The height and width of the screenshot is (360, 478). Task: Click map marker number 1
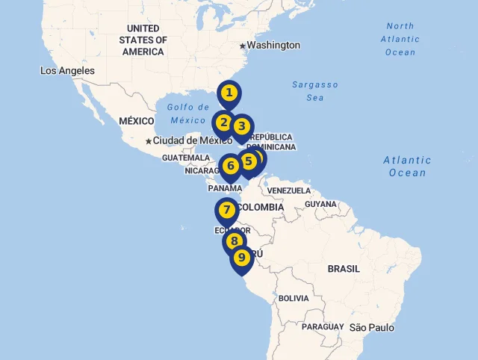[229, 93]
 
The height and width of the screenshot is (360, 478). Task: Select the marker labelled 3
[242, 127]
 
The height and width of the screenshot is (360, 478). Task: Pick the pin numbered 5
[248, 161]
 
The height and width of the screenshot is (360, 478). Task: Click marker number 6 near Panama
[230, 166]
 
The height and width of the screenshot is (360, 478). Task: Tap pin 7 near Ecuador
[226, 211]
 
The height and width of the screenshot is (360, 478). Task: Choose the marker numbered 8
[235, 241]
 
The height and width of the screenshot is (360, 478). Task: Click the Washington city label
[273, 46]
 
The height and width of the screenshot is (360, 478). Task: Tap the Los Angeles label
[67, 71]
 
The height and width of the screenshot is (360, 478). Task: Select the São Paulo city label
[371, 327]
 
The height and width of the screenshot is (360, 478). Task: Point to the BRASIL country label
[344, 268]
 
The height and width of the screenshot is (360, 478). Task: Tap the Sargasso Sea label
[314, 91]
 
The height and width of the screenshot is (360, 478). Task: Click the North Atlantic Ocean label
[400, 39]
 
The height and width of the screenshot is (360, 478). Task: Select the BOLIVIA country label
[293, 298]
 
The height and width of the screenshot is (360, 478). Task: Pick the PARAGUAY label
[323, 326]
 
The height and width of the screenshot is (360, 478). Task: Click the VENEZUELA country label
[288, 190]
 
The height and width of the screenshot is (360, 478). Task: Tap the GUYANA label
[320, 203]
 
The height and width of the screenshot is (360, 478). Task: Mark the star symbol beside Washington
[242, 46]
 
